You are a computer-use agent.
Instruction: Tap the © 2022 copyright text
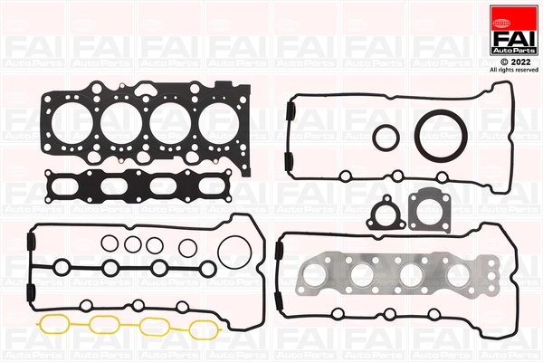point(513,59)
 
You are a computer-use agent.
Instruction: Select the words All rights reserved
point(513,69)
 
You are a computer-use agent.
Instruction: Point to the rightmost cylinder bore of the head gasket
point(223,119)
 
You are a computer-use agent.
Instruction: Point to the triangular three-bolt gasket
point(383,214)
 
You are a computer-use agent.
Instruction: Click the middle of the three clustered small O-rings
point(132,244)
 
